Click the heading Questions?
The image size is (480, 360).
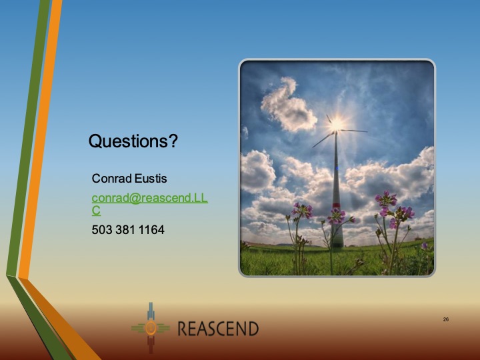click(133, 141)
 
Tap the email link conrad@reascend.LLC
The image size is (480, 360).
click(149, 198)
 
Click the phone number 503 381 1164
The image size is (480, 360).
click(128, 230)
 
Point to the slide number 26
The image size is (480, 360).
click(445, 319)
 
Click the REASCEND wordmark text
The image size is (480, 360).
click(218, 328)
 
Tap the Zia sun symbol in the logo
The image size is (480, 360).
click(151, 328)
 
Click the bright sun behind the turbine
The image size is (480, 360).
click(336, 123)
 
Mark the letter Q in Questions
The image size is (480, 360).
click(95, 141)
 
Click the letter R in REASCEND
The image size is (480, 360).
click(183, 328)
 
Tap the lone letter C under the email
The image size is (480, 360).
click(96, 211)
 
